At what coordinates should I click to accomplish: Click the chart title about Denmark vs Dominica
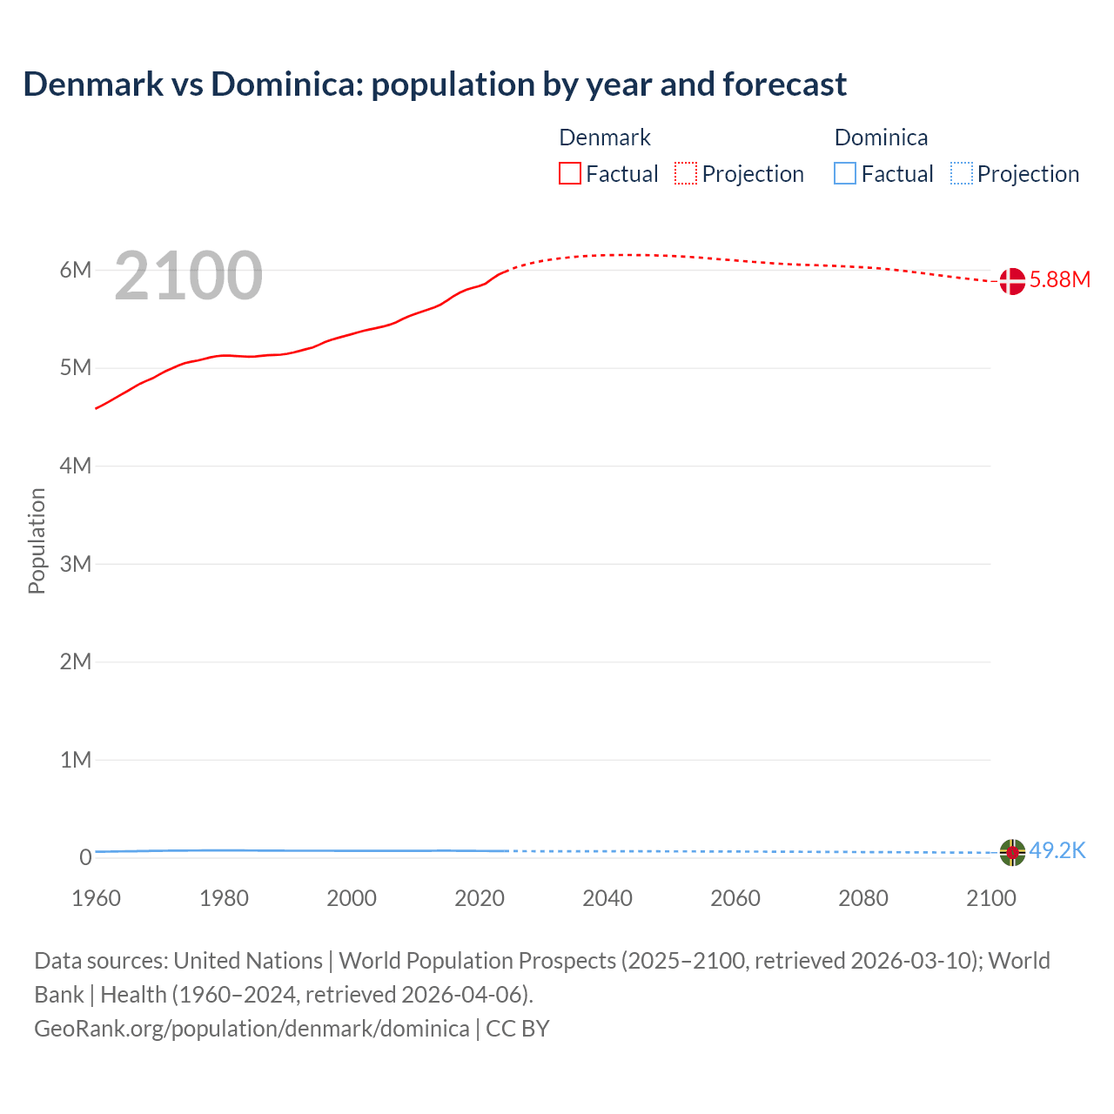[434, 84]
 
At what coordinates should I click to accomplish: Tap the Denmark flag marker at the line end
[1011, 281]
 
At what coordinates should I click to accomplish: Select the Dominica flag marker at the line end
[1011, 852]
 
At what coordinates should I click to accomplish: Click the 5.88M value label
[1059, 279]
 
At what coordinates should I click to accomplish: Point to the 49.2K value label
[1057, 850]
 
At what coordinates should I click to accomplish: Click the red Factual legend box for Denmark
[569, 174]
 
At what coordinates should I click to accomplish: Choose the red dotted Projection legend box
[686, 174]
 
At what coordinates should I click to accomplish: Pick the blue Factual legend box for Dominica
[844, 174]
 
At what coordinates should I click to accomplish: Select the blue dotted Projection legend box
[961, 174]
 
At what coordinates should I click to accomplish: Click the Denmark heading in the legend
[604, 138]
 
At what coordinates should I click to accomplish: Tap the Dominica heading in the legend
[881, 138]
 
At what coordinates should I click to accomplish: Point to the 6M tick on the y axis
[76, 270]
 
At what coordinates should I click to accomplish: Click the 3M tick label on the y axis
[76, 564]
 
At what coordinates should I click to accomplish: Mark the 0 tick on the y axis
[85, 857]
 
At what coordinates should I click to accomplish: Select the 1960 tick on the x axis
[96, 898]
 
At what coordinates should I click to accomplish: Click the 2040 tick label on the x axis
[607, 898]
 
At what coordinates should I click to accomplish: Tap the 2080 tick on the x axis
[863, 898]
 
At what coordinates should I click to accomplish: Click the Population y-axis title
[37, 540]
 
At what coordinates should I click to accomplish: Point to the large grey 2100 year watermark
[188, 276]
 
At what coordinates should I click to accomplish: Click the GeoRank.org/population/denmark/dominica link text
[252, 1029]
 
